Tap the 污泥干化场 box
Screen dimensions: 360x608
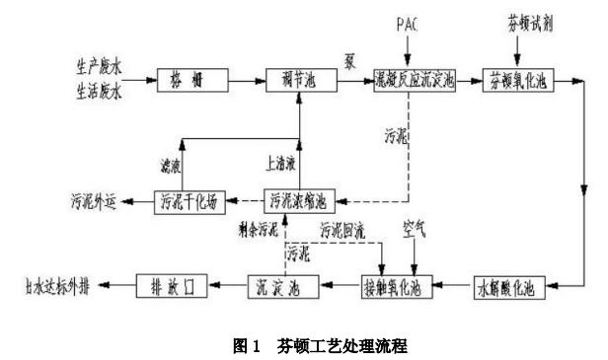[x=190, y=200]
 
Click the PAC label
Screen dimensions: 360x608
[x=408, y=22]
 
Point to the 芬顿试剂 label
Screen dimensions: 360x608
[x=536, y=21]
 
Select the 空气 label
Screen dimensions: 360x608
[x=414, y=236]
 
